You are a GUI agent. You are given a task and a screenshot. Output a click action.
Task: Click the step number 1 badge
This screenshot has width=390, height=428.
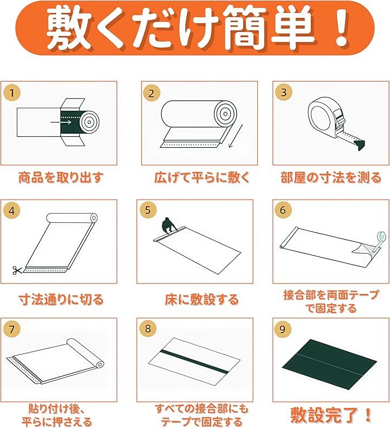12,93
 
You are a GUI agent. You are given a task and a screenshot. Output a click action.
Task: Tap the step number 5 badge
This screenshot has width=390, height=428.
148,210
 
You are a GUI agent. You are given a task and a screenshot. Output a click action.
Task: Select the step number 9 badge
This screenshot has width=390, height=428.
282,329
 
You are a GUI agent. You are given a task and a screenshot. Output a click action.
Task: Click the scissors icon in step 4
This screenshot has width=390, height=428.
17,270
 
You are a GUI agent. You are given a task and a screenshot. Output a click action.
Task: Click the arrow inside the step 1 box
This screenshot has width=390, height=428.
61,122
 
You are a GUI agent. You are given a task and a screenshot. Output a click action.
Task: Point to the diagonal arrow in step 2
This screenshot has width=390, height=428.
236,136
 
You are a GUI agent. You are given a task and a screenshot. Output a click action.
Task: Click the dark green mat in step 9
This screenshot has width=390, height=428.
329,364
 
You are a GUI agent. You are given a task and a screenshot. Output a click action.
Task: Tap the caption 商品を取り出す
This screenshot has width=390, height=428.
61,177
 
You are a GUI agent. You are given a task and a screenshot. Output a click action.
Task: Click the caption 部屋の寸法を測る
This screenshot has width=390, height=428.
331,177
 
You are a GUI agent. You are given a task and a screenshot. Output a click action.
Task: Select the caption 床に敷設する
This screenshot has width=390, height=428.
202,299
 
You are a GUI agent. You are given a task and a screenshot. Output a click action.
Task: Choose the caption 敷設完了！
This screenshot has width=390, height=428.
331,415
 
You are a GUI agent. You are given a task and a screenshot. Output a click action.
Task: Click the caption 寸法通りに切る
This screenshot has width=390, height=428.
61,299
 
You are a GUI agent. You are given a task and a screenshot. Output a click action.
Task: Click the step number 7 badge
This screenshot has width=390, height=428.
12,329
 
